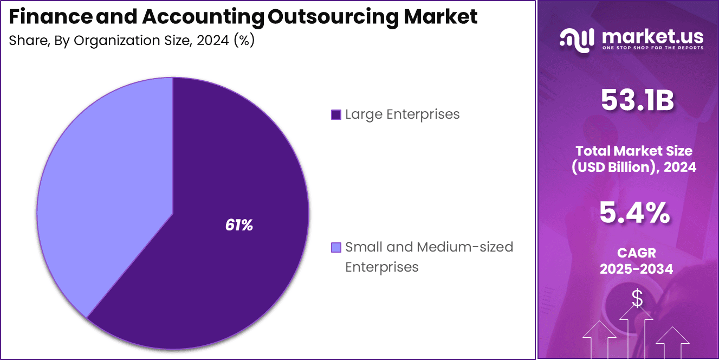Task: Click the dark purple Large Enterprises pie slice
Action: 228,260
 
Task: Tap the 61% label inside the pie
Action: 239,226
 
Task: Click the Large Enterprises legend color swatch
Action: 336,115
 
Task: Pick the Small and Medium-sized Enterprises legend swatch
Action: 336,248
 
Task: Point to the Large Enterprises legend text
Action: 402,114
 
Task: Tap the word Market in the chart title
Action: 441,17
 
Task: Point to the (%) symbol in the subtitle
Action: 244,41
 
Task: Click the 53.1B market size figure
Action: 637,101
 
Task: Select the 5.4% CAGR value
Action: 634,213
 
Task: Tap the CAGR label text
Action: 636,253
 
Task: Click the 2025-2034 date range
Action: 636,269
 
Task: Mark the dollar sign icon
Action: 637,298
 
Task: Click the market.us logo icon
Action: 577,40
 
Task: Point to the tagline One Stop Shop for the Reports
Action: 653,48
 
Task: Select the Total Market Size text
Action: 634,151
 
